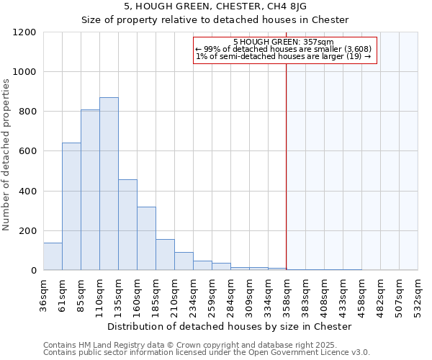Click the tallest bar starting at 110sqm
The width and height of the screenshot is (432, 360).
109,184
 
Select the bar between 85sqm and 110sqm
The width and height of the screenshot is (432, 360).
90,190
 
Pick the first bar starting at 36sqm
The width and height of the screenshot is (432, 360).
53,256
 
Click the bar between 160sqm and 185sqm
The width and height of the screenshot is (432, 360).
146,238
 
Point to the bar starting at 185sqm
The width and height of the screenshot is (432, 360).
165,255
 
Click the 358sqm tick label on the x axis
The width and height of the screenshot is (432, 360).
287,296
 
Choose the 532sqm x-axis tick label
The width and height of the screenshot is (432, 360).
418,296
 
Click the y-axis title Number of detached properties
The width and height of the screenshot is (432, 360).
7,156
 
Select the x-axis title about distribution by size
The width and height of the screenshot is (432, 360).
230,326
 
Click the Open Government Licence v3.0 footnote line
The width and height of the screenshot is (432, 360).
207,353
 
